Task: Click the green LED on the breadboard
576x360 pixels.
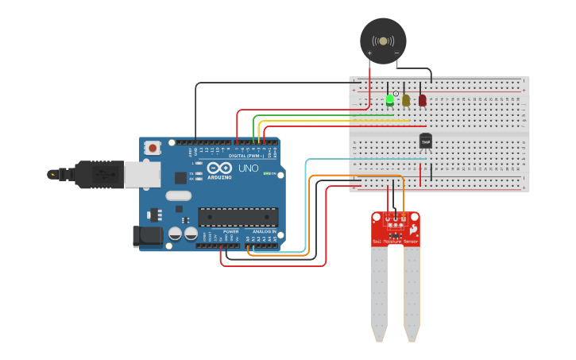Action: pyautogui.click(x=390, y=100)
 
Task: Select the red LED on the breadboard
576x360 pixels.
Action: pyautogui.click(x=423, y=100)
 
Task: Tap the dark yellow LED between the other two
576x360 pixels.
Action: pyautogui.click(x=406, y=100)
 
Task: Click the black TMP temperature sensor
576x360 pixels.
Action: pyautogui.click(x=425, y=141)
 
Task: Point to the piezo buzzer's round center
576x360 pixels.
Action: pyautogui.click(x=383, y=41)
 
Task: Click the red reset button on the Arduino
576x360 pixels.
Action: pyautogui.click(x=153, y=147)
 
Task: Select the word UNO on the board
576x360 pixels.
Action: pyautogui.click(x=249, y=168)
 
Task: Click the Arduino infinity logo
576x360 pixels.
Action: pyautogui.click(x=219, y=168)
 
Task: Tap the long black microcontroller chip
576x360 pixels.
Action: pyautogui.click(x=238, y=216)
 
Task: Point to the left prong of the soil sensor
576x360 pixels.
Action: pyautogui.click(x=379, y=294)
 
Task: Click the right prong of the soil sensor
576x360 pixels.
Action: pyautogui.click(x=412, y=294)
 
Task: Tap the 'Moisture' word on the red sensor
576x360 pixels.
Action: pyautogui.click(x=392, y=241)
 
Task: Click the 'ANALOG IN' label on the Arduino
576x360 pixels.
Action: pyautogui.click(x=265, y=231)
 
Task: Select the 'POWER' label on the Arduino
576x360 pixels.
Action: pyautogui.click(x=230, y=231)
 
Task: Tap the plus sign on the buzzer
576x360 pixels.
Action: pyautogui.click(x=369, y=53)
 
